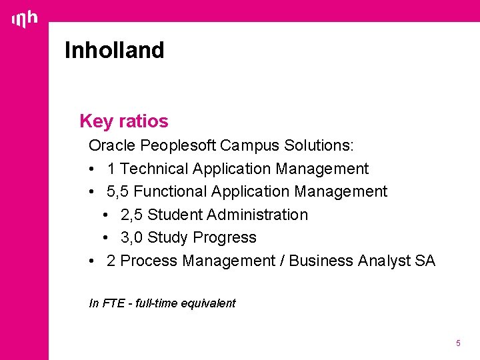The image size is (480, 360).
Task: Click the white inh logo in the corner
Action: [x=25, y=20]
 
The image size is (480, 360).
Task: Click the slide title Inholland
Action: [x=114, y=50]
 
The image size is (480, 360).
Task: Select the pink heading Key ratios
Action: [x=123, y=121]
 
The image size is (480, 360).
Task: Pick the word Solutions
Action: [x=319, y=145]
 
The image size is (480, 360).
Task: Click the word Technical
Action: [x=153, y=169]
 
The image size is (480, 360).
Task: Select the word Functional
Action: [x=170, y=191]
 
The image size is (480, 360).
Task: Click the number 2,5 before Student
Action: [x=132, y=215]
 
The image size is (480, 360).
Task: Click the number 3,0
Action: [x=132, y=237]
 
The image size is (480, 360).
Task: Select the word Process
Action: [x=149, y=261]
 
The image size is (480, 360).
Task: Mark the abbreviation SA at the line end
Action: [x=425, y=261]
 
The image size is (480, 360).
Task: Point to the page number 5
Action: [x=458, y=343]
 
